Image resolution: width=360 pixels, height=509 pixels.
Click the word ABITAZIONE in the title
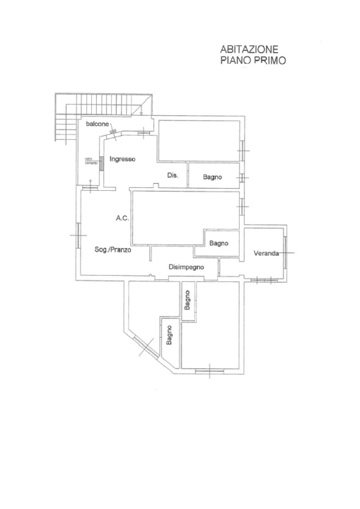click(x=250, y=49)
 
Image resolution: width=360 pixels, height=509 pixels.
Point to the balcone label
click(x=98, y=124)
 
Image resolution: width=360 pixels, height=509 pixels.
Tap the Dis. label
click(x=173, y=175)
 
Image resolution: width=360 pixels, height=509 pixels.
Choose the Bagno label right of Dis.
click(x=213, y=177)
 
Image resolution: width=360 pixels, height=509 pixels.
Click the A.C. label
click(x=121, y=218)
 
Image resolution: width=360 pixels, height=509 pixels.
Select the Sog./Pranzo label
click(x=113, y=250)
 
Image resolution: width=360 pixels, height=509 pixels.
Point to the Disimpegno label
click(x=186, y=267)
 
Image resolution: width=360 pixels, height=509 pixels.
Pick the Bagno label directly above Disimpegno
click(x=219, y=243)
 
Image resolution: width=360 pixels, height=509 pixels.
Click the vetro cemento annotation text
click(x=90, y=160)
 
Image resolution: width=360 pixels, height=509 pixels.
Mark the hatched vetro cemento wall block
click(x=101, y=163)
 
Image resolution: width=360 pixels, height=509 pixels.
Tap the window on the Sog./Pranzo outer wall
click(x=79, y=235)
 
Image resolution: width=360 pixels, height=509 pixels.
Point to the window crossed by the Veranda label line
click(x=286, y=252)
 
